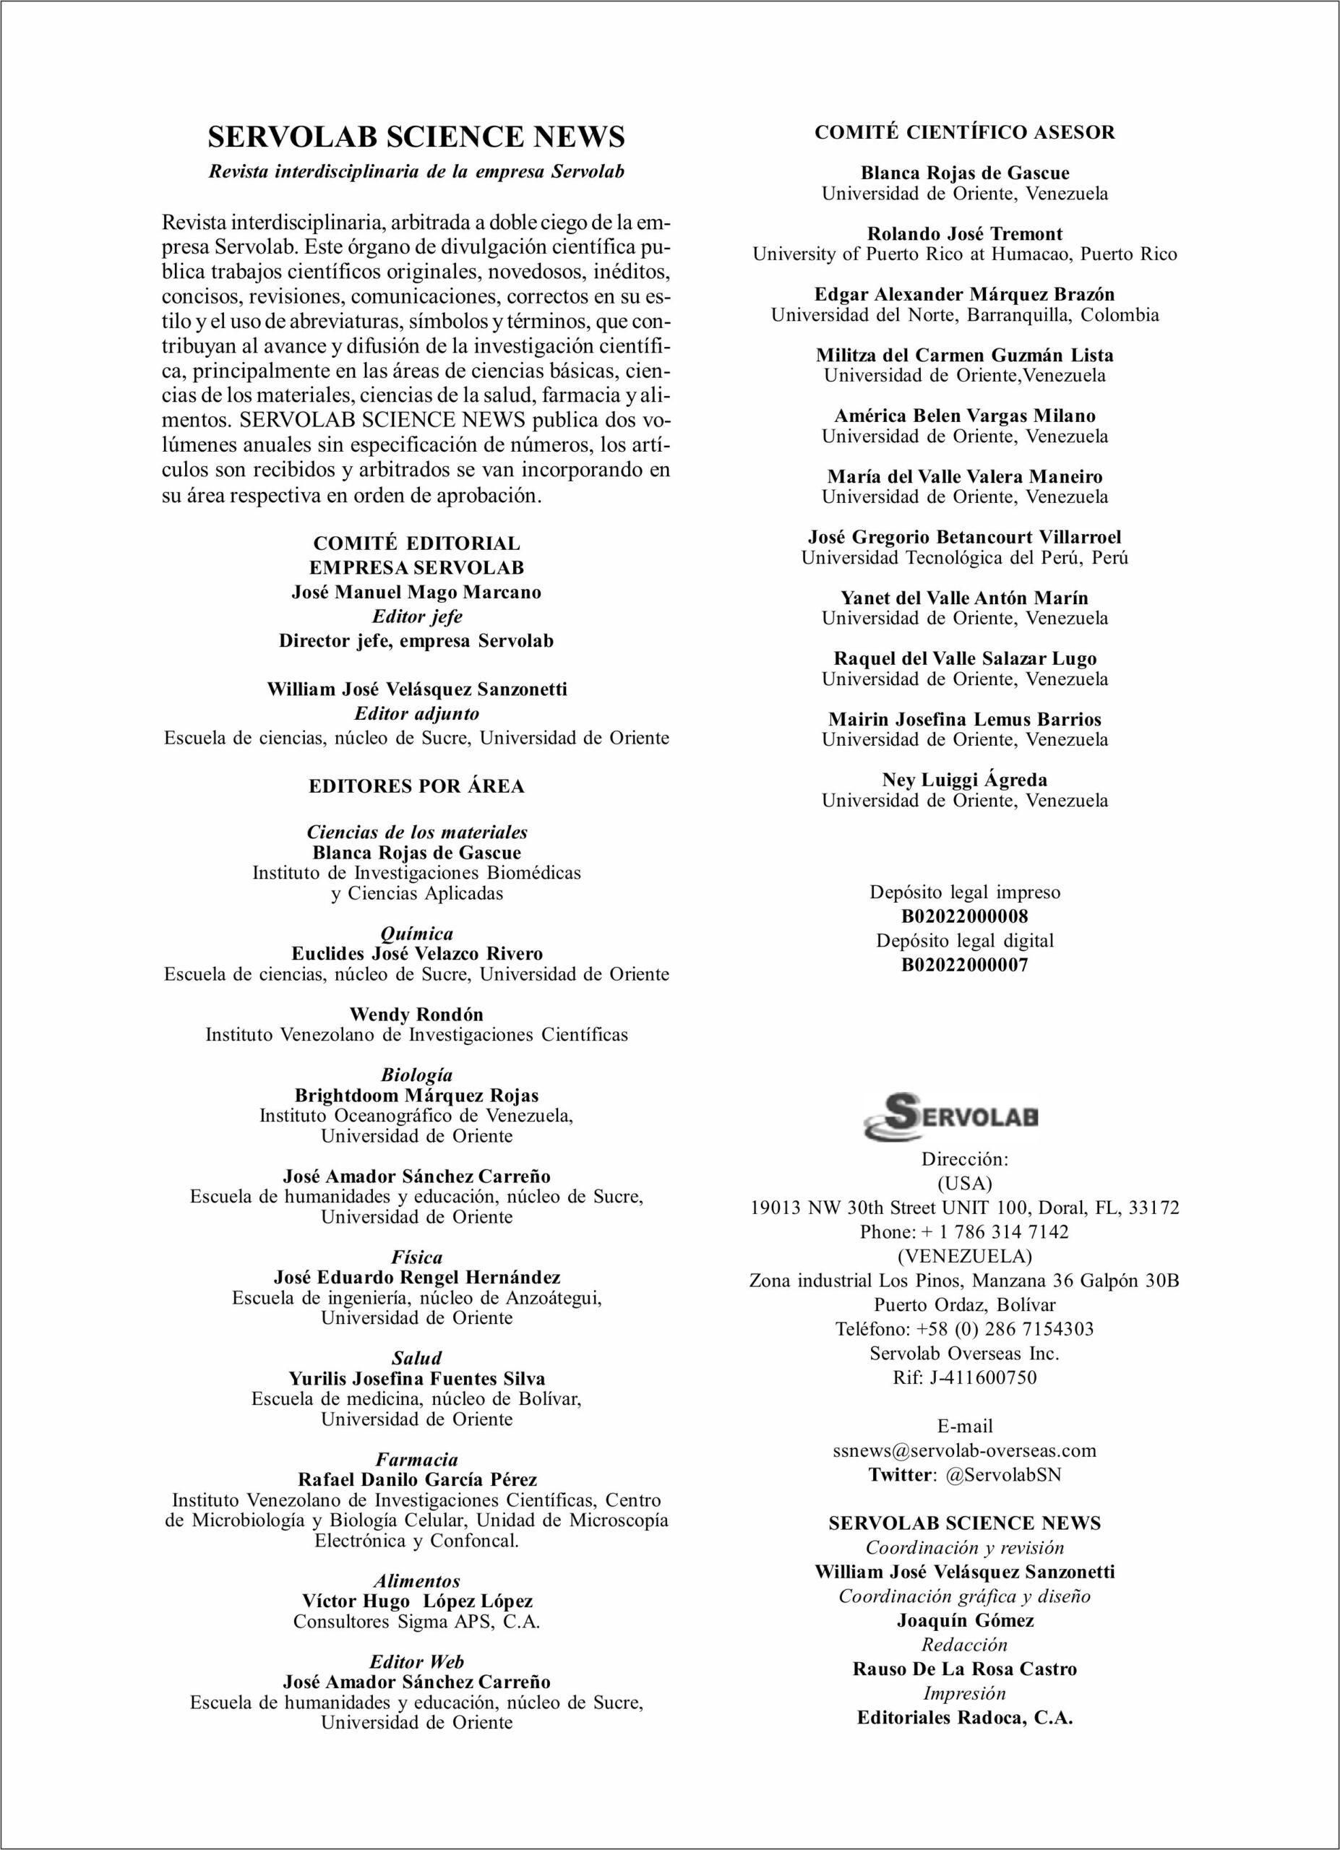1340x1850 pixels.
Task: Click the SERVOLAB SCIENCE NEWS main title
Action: [416, 137]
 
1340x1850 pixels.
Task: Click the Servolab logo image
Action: [950, 1117]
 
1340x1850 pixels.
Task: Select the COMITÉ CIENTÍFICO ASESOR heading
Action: [964, 133]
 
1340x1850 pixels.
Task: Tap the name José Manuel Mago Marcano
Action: [416, 592]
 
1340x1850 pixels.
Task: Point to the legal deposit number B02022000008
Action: [964, 916]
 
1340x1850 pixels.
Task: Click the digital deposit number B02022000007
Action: [964, 965]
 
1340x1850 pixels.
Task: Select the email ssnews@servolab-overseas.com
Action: [964, 1450]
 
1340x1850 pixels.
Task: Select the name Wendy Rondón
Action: [416, 1015]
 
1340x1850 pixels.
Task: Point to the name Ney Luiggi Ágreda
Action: [964, 780]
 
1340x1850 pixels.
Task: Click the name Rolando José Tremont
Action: [964, 234]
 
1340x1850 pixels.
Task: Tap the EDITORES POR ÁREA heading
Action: [416, 786]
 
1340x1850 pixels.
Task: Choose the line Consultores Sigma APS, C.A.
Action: [416, 1622]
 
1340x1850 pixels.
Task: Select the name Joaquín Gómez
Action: [964, 1621]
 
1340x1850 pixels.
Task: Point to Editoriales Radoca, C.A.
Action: [964, 1718]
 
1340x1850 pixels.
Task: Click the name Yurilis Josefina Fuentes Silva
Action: [416, 1379]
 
